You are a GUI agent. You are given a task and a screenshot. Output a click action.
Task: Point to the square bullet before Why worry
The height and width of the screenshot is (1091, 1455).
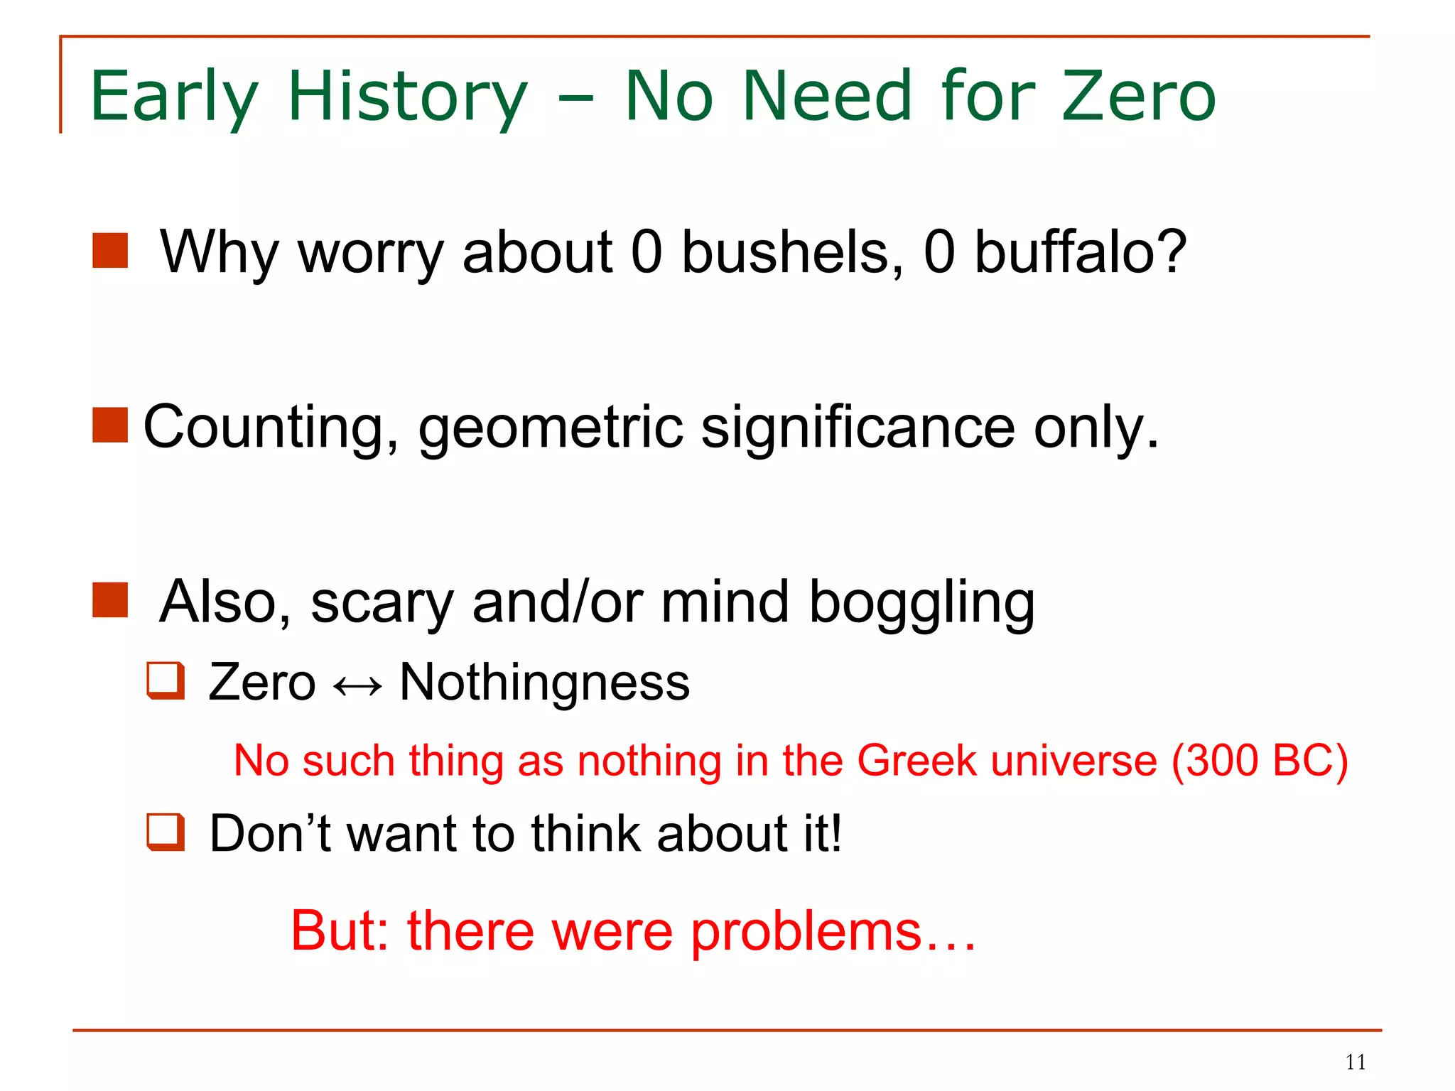click(110, 251)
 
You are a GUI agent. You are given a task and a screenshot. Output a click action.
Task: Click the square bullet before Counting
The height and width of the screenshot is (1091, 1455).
click(110, 425)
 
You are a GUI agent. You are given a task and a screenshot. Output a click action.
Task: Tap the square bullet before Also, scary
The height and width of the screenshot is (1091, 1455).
click(110, 600)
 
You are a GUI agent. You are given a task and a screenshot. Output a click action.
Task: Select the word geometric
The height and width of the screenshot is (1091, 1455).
click(551, 428)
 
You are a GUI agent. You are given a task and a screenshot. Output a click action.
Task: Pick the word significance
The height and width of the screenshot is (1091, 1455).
click(858, 428)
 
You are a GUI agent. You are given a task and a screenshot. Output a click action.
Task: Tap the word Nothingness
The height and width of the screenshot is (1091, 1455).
click(544, 683)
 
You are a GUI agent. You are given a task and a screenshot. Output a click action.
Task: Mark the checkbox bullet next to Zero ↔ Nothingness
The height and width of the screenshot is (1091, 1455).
click(166, 680)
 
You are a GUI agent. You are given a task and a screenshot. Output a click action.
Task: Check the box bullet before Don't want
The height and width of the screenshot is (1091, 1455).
click(166, 832)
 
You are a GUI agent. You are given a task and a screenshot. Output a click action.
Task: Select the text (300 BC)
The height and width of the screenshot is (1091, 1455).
click(1259, 761)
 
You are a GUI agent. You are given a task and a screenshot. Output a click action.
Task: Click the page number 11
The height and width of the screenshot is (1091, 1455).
click(1356, 1062)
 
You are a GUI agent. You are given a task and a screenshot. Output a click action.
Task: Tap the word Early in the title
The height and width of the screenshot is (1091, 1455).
click(174, 97)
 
